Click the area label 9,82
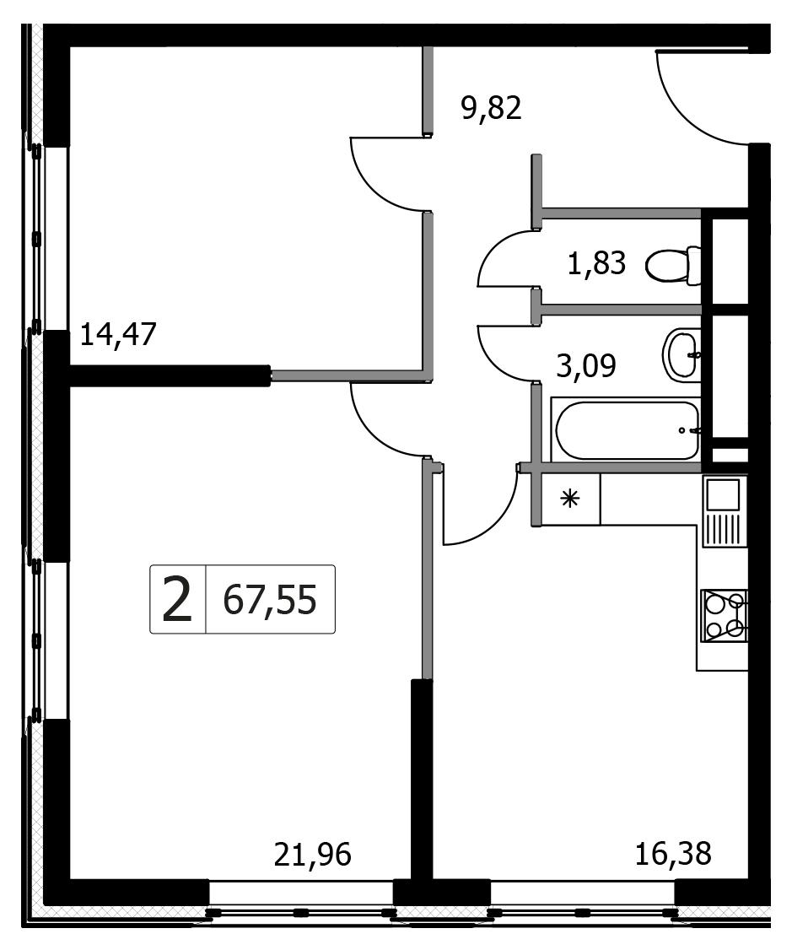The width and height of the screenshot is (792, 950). click(x=491, y=110)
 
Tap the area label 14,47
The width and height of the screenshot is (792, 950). click(x=119, y=334)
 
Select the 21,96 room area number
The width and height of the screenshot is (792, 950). click(x=312, y=855)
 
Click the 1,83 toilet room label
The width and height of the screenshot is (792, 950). click(x=596, y=264)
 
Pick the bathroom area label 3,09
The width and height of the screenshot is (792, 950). click(x=586, y=366)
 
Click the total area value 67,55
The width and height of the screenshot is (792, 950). click(x=270, y=601)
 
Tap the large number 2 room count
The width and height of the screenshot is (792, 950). click(x=177, y=600)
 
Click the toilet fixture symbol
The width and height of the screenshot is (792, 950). click(x=673, y=266)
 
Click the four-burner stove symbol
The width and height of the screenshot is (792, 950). click(x=725, y=616)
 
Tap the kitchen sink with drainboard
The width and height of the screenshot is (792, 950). click(x=725, y=510)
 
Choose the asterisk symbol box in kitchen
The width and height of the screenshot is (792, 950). click(x=570, y=499)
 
